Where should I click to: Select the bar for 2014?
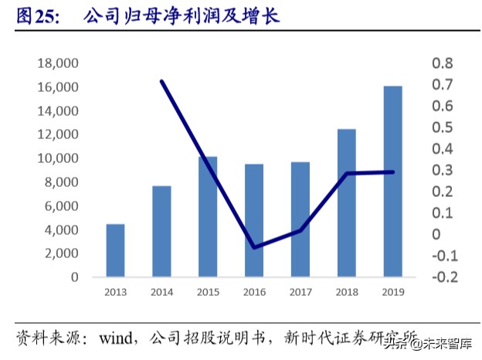161,231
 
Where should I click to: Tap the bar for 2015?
208,216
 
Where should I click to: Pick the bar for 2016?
254,220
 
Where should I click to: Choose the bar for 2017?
300,219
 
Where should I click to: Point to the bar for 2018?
346,202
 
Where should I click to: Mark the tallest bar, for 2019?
392,181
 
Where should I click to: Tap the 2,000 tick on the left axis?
61,253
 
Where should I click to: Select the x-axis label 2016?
254,291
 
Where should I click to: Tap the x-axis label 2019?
392,291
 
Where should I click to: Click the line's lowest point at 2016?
254,247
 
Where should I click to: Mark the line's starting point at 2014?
161,81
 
